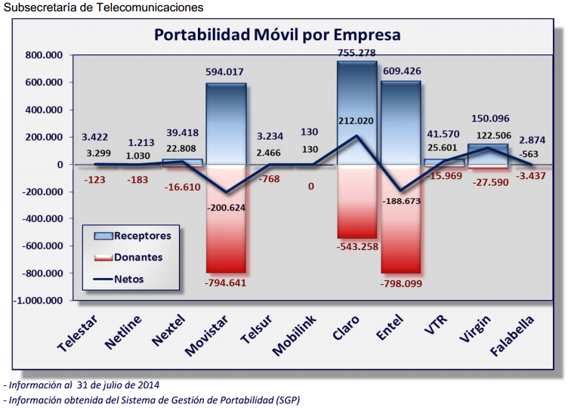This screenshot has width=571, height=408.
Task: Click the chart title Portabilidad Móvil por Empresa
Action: point(277,35)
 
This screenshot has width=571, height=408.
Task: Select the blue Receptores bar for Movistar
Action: point(226,121)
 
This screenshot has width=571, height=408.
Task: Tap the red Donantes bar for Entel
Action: point(400,219)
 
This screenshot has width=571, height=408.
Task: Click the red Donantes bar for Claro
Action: point(356,200)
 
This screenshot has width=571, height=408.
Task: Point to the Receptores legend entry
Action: point(133,235)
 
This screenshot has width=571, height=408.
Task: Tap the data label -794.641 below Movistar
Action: point(226,283)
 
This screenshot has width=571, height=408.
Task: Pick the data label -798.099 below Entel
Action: point(402,283)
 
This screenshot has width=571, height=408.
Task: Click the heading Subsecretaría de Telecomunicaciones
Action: point(103,8)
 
